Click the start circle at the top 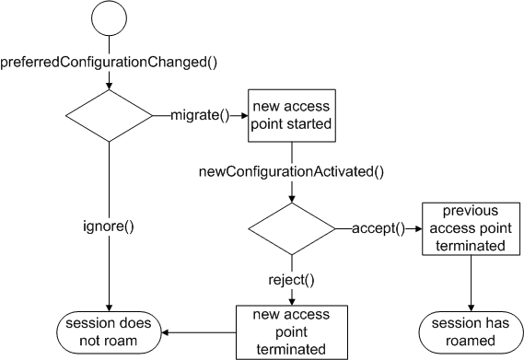(110, 17)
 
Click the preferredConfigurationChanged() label (109, 63)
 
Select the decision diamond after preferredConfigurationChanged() (109, 116)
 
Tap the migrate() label (200, 115)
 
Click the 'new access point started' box (292, 116)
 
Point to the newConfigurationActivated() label (291, 172)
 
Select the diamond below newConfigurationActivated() (292, 229)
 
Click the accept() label (378, 228)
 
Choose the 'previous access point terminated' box (472, 229)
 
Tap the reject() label (291, 280)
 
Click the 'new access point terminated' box (292, 332)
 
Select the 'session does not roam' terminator (109, 332)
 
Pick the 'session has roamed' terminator (471, 332)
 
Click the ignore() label (109, 226)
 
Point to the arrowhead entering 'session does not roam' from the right (165, 332)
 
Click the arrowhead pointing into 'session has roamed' (472, 308)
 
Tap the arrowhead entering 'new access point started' (244, 116)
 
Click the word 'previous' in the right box (471, 211)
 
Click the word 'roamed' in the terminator (471, 341)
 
